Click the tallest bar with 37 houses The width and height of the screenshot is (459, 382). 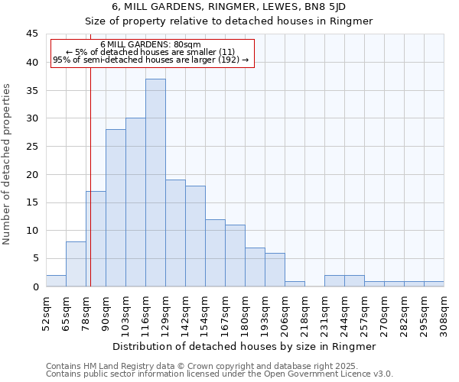click(155, 183)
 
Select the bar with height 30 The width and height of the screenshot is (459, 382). click(135, 202)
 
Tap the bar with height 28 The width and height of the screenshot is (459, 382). click(116, 208)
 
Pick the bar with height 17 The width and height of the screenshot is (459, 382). click(96, 238)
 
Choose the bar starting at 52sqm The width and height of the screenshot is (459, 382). click(56, 280)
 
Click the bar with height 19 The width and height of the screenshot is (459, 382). click(175, 233)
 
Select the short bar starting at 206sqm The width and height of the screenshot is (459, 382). click(295, 283)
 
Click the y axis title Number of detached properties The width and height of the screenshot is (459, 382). click(7, 164)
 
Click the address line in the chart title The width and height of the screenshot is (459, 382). click(229, 6)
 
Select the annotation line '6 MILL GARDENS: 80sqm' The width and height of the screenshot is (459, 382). click(151, 45)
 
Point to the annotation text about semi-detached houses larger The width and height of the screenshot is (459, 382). click(151, 60)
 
